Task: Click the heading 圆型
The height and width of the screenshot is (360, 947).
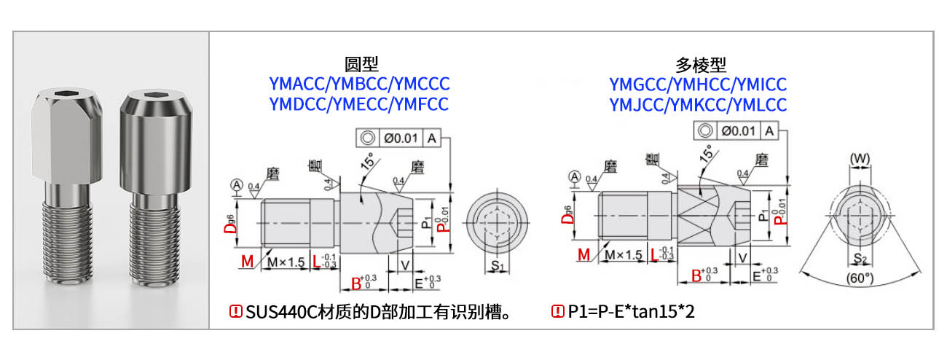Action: click(x=361, y=64)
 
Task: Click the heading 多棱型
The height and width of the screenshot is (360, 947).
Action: click(x=701, y=64)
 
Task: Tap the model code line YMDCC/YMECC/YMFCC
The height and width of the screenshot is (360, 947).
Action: click(x=359, y=103)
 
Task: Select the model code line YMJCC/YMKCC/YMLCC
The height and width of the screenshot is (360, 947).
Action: click(x=698, y=104)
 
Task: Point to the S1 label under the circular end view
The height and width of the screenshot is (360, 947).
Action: click(x=498, y=267)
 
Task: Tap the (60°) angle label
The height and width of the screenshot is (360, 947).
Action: click(x=860, y=278)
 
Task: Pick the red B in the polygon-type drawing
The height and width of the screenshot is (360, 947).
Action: click(x=696, y=276)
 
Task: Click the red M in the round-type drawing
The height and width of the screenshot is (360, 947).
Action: click(x=247, y=261)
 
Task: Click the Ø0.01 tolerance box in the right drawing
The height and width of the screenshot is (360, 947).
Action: click(x=739, y=130)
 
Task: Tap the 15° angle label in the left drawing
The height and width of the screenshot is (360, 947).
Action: click(x=370, y=160)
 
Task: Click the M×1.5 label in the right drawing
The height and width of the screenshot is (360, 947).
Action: click(x=624, y=254)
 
